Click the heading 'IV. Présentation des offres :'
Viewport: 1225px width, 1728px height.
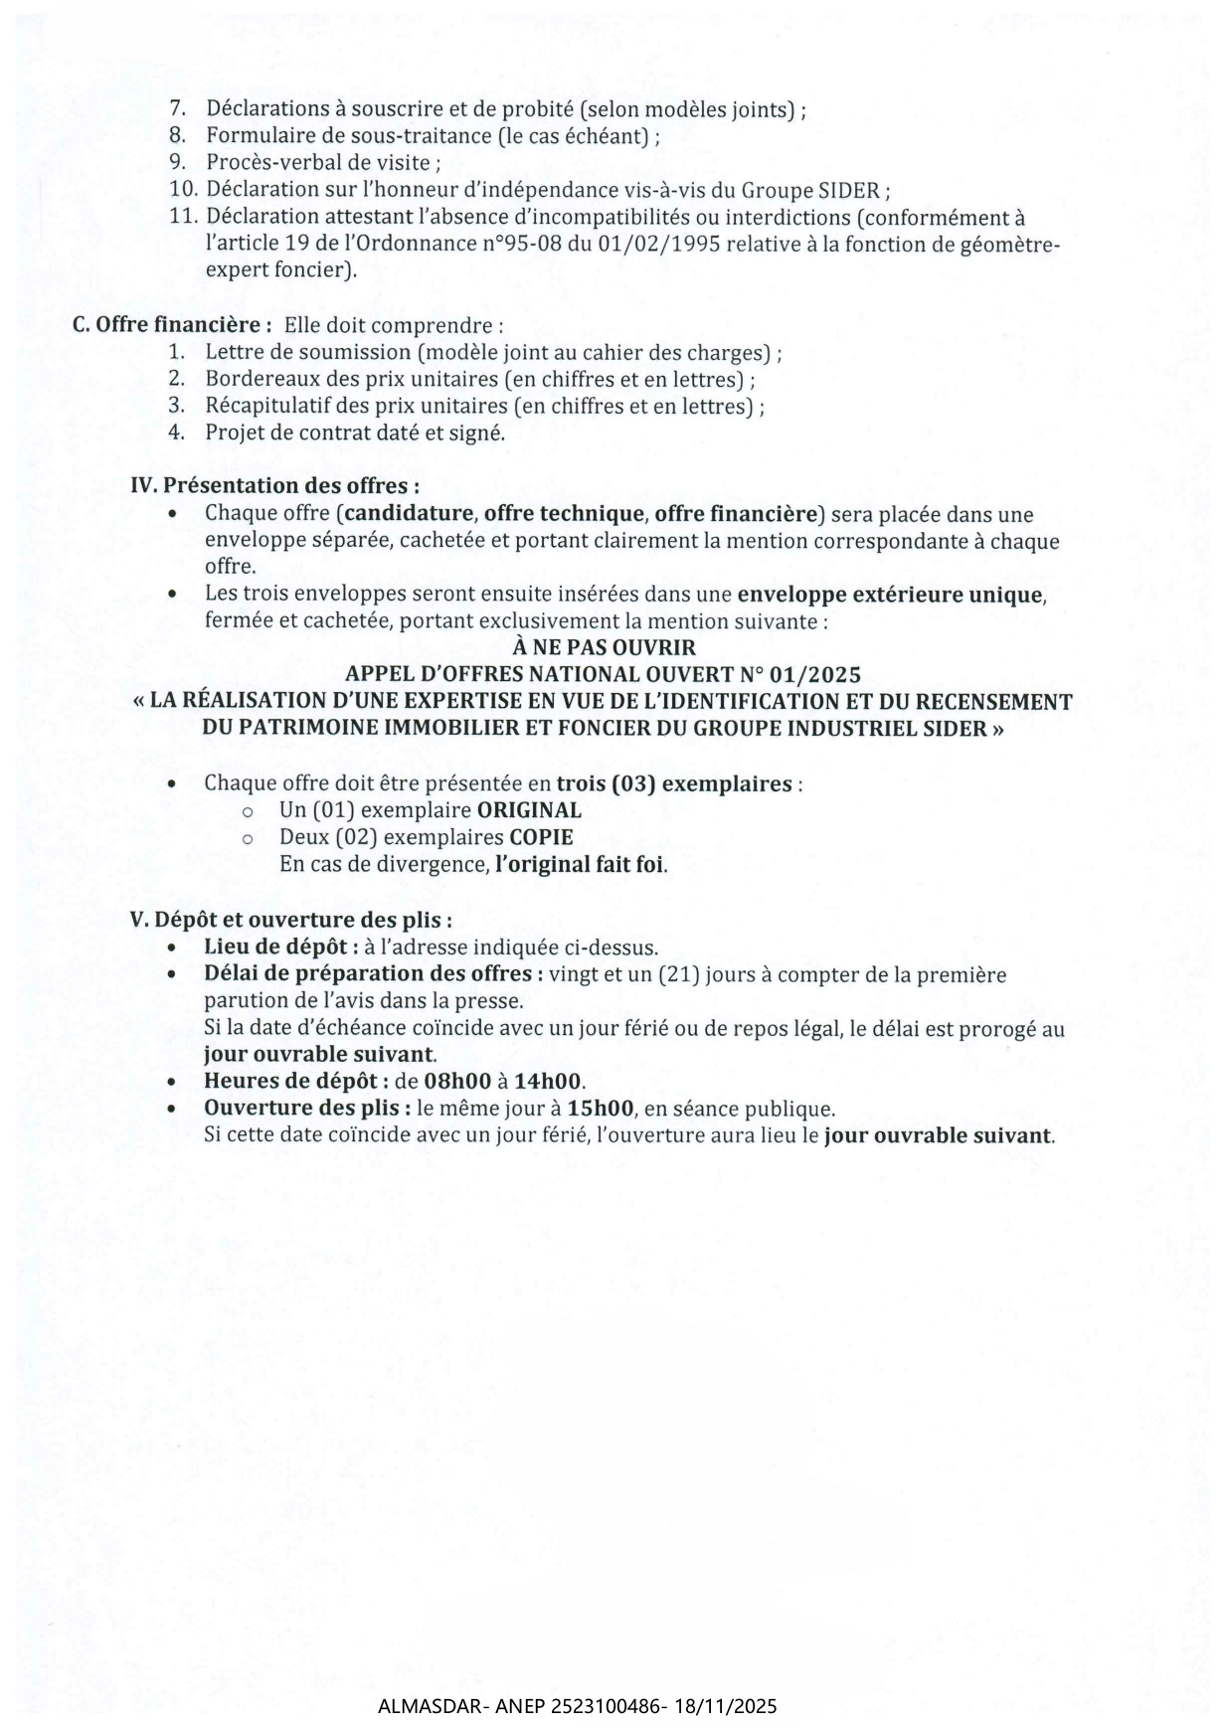(x=274, y=486)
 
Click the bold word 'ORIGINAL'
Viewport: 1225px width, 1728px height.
(x=529, y=810)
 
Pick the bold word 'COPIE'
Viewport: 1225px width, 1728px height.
(x=541, y=837)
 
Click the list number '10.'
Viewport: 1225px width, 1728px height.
(x=185, y=190)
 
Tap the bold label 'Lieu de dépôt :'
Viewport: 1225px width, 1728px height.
(x=281, y=948)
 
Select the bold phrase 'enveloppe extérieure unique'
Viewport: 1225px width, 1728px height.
(x=889, y=596)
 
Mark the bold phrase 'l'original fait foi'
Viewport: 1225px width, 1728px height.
(x=581, y=864)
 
